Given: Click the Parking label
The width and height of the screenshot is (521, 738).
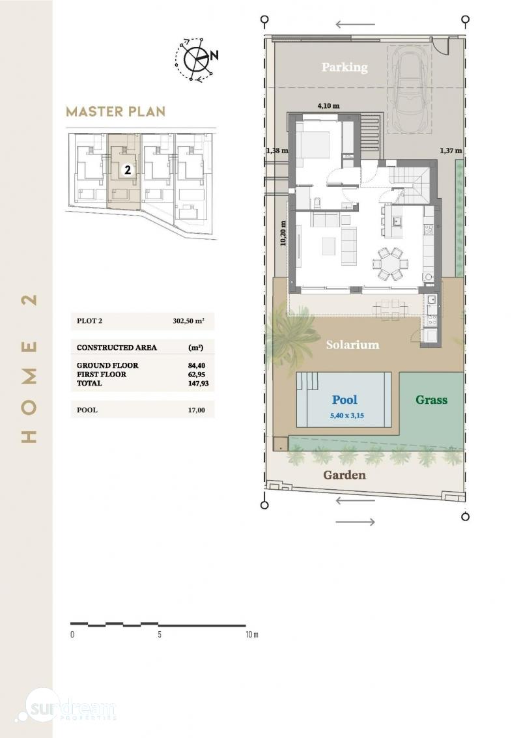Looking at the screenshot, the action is click(x=345, y=67).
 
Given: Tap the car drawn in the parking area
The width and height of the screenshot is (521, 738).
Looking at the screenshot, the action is click(x=411, y=89).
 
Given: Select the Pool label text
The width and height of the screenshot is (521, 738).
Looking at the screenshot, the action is click(x=345, y=399).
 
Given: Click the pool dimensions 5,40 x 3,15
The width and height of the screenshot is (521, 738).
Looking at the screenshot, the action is click(x=347, y=416).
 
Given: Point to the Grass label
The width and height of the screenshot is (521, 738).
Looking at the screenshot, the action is click(x=431, y=399).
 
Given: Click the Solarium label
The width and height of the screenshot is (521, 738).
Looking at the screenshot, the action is click(x=352, y=345).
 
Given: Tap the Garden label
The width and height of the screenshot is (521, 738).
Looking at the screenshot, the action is click(x=345, y=475).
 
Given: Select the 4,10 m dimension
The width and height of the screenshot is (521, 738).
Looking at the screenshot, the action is click(x=328, y=106).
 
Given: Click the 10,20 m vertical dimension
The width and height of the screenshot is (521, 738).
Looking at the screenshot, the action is click(x=283, y=233).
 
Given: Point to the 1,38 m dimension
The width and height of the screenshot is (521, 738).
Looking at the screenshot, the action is click(x=277, y=150).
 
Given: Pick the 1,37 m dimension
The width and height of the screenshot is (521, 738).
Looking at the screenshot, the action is click(x=451, y=150).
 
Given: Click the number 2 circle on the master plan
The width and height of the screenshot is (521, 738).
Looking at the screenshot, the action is click(x=128, y=170).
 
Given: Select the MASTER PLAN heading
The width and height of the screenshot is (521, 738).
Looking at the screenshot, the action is click(x=116, y=111).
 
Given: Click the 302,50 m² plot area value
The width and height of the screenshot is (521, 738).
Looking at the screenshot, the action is click(x=188, y=321).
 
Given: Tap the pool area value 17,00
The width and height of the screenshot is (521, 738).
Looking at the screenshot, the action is click(x=196, y=410).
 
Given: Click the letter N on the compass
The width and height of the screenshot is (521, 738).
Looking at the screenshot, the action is click(x=214, y=55).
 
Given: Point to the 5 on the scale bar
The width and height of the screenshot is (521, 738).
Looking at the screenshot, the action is click(x=160, y=634).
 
